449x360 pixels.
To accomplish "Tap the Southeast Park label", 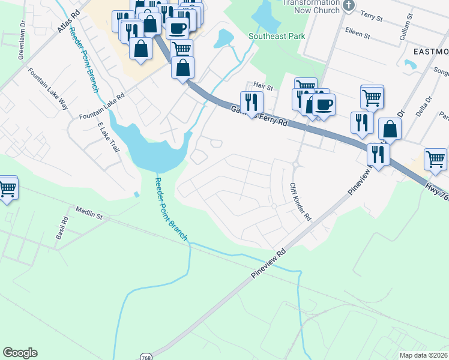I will [x=277, y=37].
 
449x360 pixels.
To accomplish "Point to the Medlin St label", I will [x=89, y=212].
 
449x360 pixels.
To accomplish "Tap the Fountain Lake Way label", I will [x=48, y=88].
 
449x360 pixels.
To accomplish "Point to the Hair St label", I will [x=263, y=87].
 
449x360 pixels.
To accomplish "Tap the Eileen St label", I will [x=358, y=34].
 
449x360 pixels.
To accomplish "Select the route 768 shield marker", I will [x=147, y=354].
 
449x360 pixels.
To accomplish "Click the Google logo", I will [x=20, y=353].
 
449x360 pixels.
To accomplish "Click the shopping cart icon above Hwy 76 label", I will [x=435, y=158].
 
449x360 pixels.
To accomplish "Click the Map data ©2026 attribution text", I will [x=423, y=355].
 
